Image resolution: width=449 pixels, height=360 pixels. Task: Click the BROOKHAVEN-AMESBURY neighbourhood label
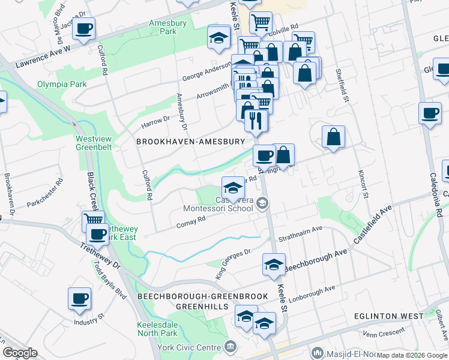click(x=191, y=142)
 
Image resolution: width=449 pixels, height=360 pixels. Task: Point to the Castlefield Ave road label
click(x=372, y=223)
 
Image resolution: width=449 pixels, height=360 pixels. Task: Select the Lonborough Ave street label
click(x=313, y=293)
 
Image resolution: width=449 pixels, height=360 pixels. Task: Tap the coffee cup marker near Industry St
click(x=79, y=298)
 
